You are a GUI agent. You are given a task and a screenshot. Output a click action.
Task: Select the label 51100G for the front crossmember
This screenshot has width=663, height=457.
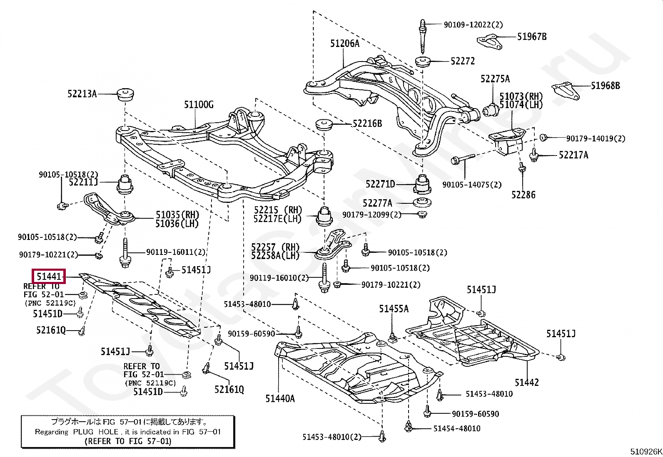coord(199,105)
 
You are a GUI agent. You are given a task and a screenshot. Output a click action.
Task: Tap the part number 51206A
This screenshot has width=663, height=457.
coord(344,43)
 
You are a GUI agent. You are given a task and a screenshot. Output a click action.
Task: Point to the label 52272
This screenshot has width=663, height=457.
coord(462,61)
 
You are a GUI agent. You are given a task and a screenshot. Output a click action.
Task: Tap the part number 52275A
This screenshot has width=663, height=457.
coord(495,79)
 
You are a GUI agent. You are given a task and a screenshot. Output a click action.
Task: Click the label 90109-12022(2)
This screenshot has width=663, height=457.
coord(473,25)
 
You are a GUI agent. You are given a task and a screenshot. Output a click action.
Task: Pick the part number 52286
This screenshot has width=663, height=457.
coord(523,195)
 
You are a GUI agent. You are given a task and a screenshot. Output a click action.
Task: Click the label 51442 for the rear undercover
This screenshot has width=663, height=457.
coord(526,382)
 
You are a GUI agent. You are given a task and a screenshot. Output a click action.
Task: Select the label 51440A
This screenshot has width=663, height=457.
coord(280,398)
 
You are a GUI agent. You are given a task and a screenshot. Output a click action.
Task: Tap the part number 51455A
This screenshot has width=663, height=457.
coord(394,309)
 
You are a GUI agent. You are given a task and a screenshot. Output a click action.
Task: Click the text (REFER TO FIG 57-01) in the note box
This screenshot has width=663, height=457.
coord(127,441)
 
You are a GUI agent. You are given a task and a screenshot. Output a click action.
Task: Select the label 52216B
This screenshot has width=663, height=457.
coord(367,124)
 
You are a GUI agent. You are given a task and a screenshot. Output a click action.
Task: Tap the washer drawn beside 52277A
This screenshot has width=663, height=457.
coord(422,203)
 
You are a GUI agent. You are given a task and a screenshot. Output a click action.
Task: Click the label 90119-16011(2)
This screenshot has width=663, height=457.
coord(175,252)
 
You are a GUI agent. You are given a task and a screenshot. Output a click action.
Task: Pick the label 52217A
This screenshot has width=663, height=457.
coord(573,155)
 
